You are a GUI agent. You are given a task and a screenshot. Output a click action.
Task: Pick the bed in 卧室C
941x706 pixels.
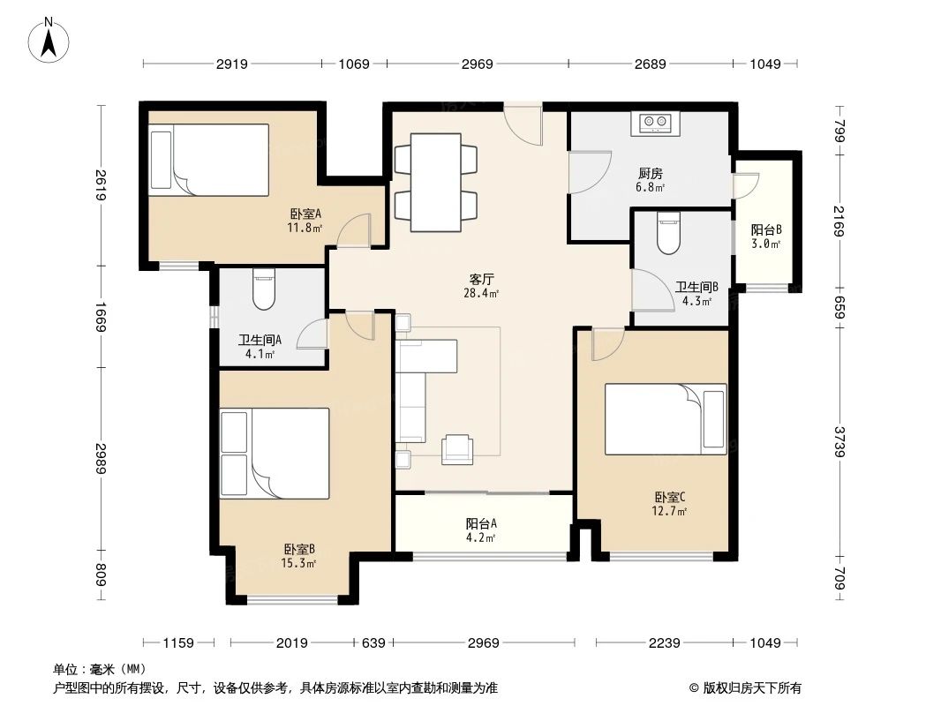(x=666, y=419)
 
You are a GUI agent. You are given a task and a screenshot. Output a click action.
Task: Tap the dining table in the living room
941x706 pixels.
(x=435, y=182)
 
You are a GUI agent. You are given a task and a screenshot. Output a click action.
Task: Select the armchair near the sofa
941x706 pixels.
(x=457, y=449)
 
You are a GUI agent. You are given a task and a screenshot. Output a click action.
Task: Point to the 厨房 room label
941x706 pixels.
(x=650, y=174)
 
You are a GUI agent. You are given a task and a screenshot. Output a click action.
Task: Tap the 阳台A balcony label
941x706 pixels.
(x=480, y=522)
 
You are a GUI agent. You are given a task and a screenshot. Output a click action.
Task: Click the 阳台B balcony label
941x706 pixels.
(x=765, y=229)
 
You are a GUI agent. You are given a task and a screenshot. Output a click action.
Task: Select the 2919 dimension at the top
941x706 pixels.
(x=231, y=64)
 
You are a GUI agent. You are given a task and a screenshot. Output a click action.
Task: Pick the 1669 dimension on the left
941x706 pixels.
(x=102, y=317)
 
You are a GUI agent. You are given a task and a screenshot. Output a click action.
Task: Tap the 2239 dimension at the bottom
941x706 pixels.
(x=664, y=643)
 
